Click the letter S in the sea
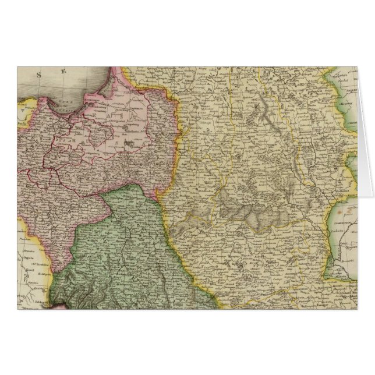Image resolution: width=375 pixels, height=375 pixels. click(x=39, y=74)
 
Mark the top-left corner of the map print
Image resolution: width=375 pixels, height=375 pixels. click(x=17, y=66)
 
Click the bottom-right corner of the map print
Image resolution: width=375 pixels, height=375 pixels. click(x=358, y=309)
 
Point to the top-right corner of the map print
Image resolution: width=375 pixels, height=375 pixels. click(x=358, y=66)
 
